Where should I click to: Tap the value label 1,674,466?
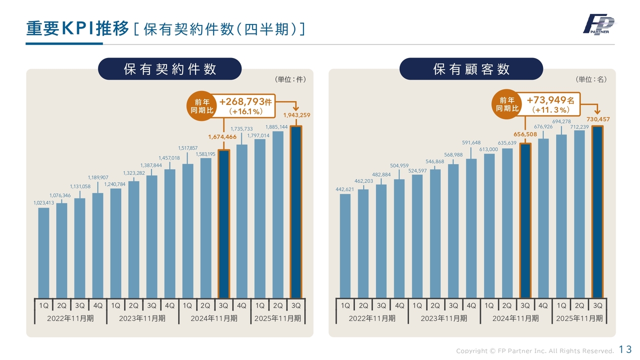pos(222,136)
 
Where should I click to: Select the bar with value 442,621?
pos(345,245)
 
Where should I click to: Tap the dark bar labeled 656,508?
pos(525,220)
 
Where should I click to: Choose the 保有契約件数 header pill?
pos(169,69)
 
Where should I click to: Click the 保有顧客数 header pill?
pos(471,69)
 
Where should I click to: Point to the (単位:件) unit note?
pos(290,79)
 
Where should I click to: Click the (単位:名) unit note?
pos(591,79)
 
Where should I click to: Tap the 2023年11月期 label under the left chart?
pos(142,318)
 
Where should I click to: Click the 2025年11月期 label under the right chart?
pos(579,318)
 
